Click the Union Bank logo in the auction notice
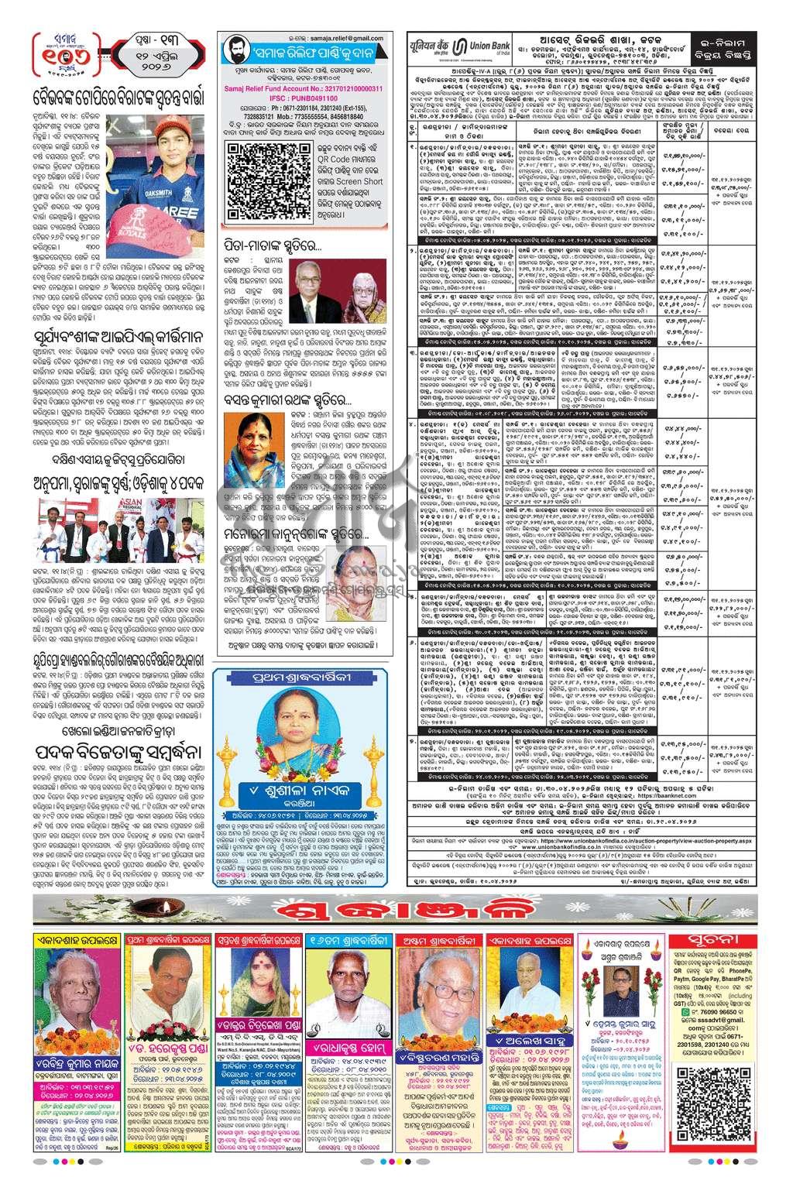[469, 45]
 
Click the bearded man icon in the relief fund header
[235, 56]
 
